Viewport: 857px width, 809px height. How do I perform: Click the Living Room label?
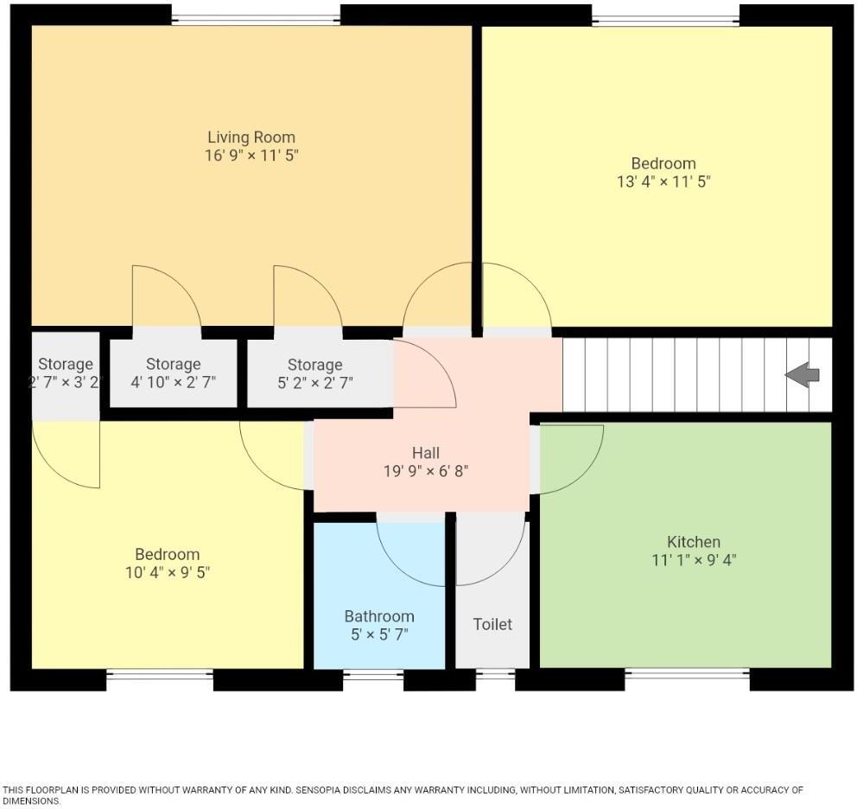[x=251, y=137]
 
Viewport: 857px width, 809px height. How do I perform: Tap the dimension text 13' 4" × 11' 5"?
[x=663, y=182]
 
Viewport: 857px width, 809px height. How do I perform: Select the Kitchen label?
[x=693, y=542]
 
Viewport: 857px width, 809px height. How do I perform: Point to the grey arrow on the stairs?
[x=802, y=375]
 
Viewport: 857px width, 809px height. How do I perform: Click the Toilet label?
[x=492, y=624]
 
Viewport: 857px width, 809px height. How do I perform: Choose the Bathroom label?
[x=379, y=616]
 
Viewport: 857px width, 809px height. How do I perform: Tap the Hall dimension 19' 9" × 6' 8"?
[x=425, y=471]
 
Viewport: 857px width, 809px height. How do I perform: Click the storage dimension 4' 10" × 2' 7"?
[x=173, y=381]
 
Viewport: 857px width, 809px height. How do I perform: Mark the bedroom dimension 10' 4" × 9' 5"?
[x=168, y=572]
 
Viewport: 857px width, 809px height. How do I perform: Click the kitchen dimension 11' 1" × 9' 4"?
[x=693, y=560]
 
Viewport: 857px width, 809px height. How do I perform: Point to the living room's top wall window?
[x=256, y=18]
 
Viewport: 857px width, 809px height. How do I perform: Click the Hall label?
[x=425, y=453]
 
